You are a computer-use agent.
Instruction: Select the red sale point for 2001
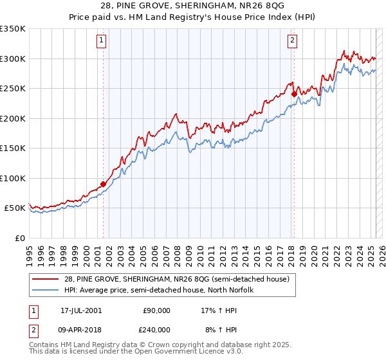point(103,184)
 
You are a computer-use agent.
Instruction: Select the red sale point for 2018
point(294,94)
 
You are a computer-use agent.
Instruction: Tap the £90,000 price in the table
point(155,310)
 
